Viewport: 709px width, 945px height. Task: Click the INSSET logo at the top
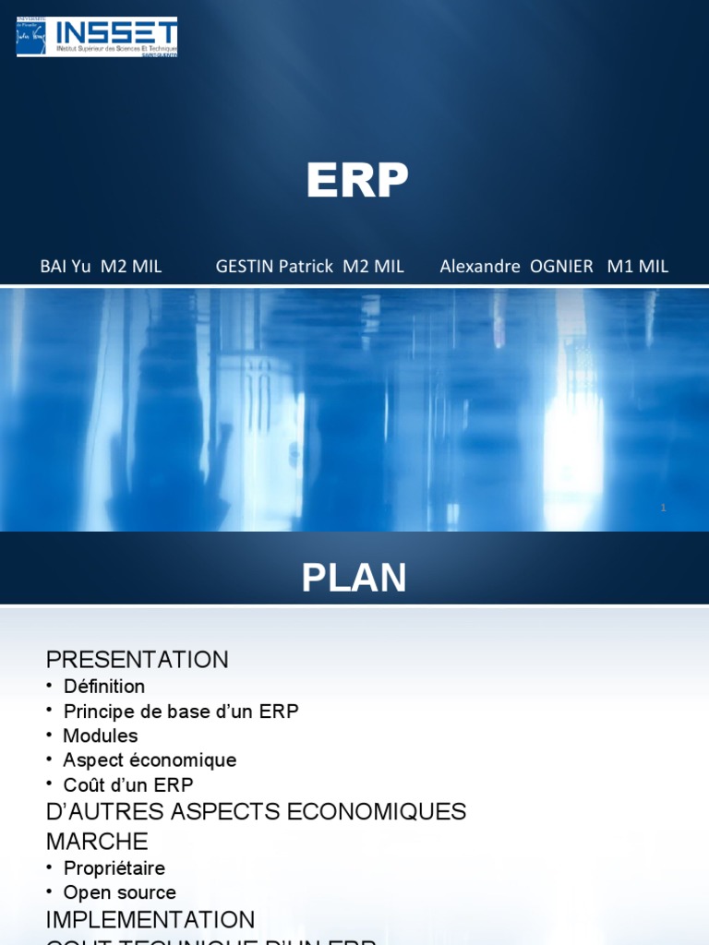[x=97, y=37]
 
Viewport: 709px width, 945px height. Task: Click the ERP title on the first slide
[x=357, y=181]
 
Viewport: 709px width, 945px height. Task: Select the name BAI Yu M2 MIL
[x=101, y=267]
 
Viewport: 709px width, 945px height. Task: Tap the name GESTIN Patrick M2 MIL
[x=309, y=267]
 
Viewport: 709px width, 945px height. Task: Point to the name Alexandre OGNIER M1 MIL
[x=554, y=267]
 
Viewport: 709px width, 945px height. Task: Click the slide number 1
[x=663, y=508]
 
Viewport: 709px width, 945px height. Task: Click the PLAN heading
[x=354, y=579]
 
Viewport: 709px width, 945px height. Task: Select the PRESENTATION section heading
[x=138, y=660]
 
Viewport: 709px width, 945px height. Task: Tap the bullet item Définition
[x=103, y=687]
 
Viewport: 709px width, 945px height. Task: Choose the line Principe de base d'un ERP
[x=181, y=712]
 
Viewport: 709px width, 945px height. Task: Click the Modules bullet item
[x=100, y=736]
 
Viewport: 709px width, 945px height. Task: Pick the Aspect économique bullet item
[x=150, y=760]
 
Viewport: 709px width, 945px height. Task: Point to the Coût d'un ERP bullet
[x=128, y=785]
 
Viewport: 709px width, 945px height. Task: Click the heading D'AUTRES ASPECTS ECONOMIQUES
[x=256, y=812]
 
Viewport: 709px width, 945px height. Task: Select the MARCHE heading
[x=97, y=842]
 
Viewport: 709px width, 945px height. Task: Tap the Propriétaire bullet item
[x=114, y=868]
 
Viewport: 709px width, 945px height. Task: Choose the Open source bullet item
[x=119, y=892]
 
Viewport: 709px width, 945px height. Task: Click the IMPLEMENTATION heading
[x=150, y=920]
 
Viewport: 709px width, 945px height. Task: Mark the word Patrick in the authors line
[x=306, y=267]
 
